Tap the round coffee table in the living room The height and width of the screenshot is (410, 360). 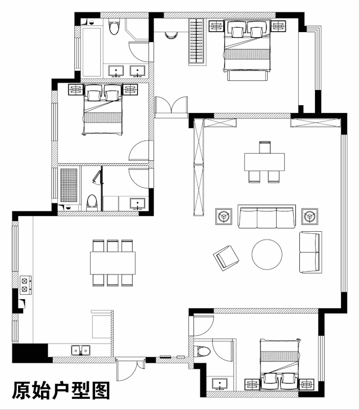pyautogui.click(x=267, y=254)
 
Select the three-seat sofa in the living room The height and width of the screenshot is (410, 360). pyautogui.click(x=267, y=217)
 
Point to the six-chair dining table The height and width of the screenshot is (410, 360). pyautogui.click(x=112, y=263)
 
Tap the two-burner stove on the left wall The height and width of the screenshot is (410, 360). pyautogui.click(x=25, y=285)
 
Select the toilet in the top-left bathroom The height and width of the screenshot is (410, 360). pyautogui.click(x=114, y=28)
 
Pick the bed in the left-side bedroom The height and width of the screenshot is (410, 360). pyautogui.click(x=103, y=110)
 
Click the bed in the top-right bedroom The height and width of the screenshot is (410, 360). pyautogui.click(x=246, y=48)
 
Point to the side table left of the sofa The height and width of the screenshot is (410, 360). pyautogui.click(x=223, y=215)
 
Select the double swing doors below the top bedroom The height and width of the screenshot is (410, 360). pyautogui.click(x=171, y=107)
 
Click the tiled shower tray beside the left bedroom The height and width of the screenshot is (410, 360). pyautogui.click(x=69, y=184)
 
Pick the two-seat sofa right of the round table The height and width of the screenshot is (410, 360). pyautogui.click(x=310, y=251)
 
